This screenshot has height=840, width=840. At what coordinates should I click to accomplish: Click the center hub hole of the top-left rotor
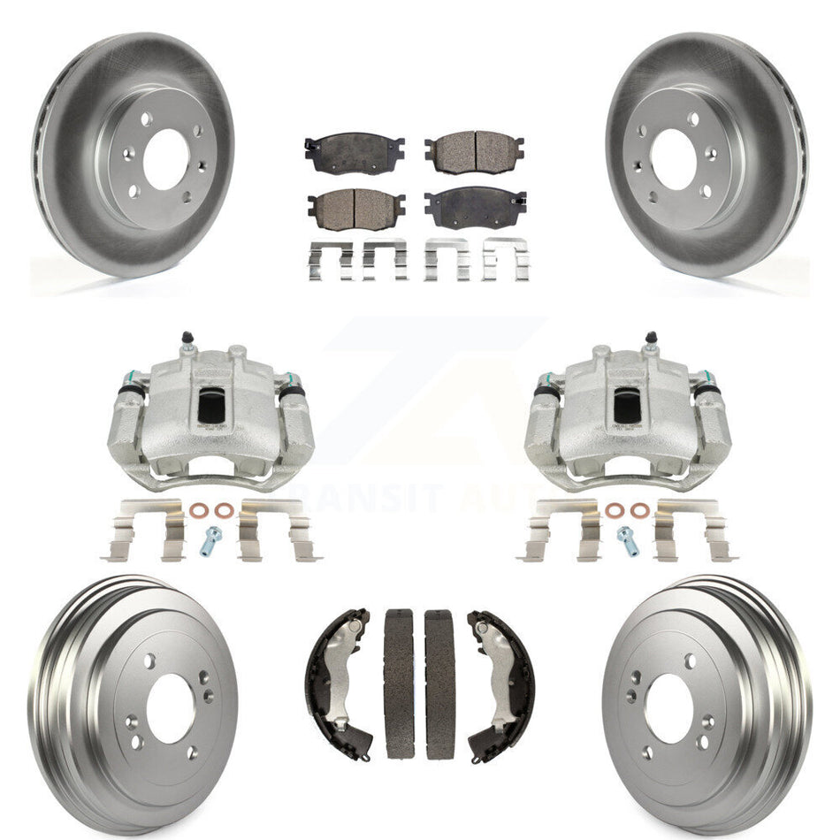pyautogui.click(x=163, y=159)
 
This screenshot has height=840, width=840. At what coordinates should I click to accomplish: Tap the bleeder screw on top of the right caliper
pyautogui.click(x=651, y=339)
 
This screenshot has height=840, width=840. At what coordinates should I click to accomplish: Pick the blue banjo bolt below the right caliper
pyautogui.click(x=628, y=538)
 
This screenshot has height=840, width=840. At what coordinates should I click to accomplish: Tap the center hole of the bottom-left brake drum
pyautogui.click(x=169, y=707)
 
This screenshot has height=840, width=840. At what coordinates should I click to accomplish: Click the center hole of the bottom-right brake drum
pyautogui.click(x=668, y=707)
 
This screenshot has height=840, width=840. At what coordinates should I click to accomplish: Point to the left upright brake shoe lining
pyautogui.click(x=400, y=683)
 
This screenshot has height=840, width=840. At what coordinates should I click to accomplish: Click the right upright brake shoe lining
pyautogui.click(x=439, y=683)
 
